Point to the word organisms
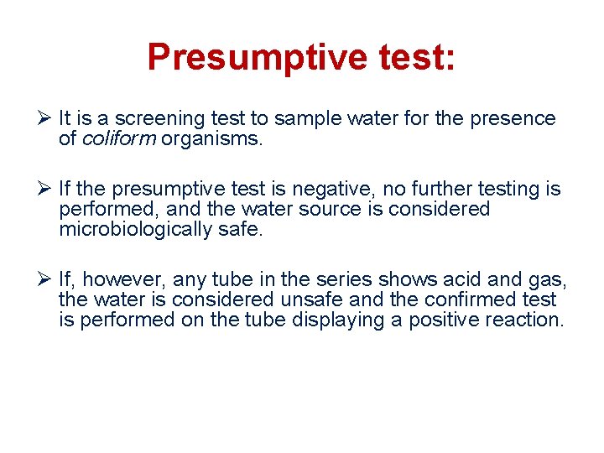pyautogui.click(x=212, y=139)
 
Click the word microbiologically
pyautogui.click(x=136, y=230)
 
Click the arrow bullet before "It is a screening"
pyautogui.click(x=46, y=119)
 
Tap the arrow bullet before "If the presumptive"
pyautogui.click(x=46, y=190)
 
